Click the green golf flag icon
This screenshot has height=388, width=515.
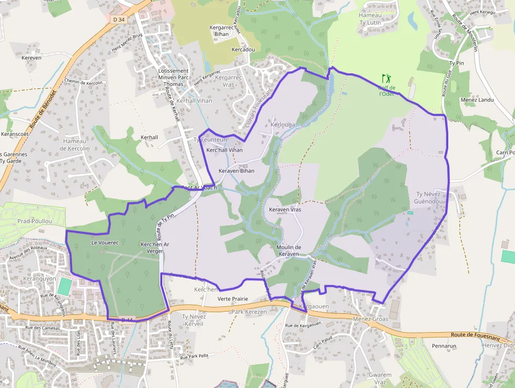tap(387, 78)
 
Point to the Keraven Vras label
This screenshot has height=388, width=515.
tap(285, 210)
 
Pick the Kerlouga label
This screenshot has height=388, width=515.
tap(283, 125)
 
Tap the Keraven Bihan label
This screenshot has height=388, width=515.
tap(236, 171)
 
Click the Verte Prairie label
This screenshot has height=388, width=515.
tap(232, 299)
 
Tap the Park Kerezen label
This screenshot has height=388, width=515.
tap(250, 312)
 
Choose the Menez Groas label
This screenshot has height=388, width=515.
tap(370, 319)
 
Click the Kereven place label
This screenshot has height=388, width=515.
tap(32, 57)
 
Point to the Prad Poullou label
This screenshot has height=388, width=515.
tap(35, 221)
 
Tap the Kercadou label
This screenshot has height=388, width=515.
tap(243, 49)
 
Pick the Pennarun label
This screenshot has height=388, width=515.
tap(444, 346)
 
